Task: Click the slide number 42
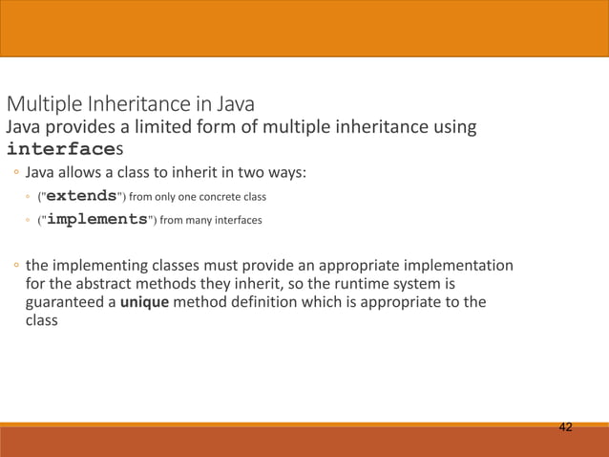566,426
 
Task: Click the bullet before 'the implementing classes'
16,264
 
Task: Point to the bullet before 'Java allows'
16,174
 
